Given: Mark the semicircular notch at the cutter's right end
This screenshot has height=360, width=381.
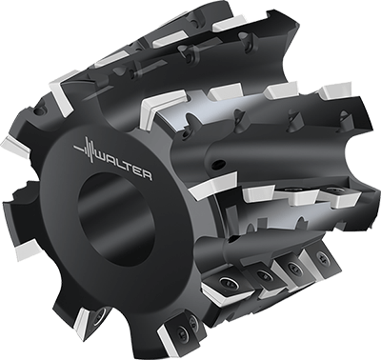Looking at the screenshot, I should pos(352,171).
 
